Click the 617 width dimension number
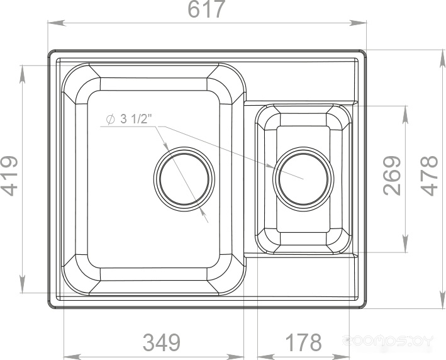pyautogui.click(x=207, y=9)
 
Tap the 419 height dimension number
pyautogui.click(x=9, y=176)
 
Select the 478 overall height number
pyautogui.click(x=430, y=176)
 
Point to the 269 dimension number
pyautogui.click(x=392, y=176)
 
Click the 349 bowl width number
pyautogui.click(x=162, y=342)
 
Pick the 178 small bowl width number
pyautogui.click(x=303, y=342)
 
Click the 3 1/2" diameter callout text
pyautogui.click(x=134, y=119)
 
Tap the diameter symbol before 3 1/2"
pyautogui.click(x=110, y=119)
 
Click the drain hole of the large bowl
pyautogui.click(x=184, y=179)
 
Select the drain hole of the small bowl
pyautogui.click(x=303, y=179)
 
